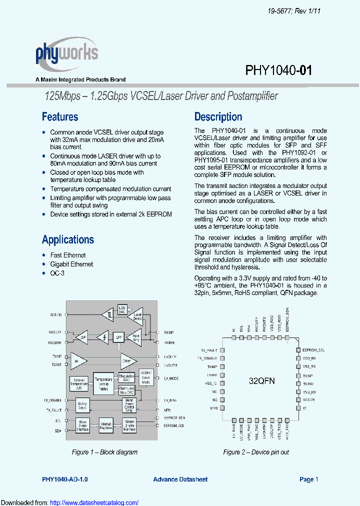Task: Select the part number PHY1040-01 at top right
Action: tap(278, 70)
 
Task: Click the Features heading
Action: tap(60, 117)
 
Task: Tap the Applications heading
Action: tap(68, 239)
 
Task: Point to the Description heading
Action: tap(218, 117)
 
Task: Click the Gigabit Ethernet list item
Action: tap(71, 264)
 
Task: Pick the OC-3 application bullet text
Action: tap(57, 273)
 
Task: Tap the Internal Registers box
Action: tap(106, 425)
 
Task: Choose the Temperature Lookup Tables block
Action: tap(103, 381)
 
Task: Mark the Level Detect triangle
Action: tap(136, 316)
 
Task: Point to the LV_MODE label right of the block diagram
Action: tap(171, 378)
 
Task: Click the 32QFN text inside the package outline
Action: tap(262, 381)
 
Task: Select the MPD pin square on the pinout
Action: tap(221, 408)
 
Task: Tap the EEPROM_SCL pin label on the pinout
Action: tap(313, 350)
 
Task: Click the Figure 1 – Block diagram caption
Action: tap(104, 452)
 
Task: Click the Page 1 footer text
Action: tap(309, 479)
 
